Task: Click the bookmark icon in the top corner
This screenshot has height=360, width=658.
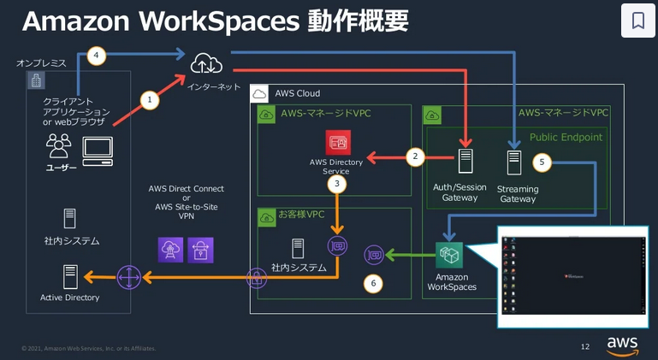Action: pyautogui.click(x=637, y=21)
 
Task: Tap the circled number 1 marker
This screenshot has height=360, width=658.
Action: pyautogui.click(x=150, y=100)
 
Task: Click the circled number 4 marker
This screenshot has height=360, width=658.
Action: pyautogui.click(x=97, y=56)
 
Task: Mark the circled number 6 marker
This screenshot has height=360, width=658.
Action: pyautogui.click(x=372, y=283)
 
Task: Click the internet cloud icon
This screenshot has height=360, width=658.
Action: pyautogui.click(x=206, y=62)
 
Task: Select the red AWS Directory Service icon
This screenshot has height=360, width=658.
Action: pyautogui.click(x=337, y=142)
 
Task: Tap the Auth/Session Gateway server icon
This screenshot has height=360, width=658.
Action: pyautogui.click(x=465, y=163)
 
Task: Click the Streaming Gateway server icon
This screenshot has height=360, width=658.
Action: pyautogui.click(x=513, y=163)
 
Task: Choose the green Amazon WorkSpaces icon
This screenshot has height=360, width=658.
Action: pyautogui.click(x=449, y=255)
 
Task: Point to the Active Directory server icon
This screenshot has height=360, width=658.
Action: pyautogui.click(x=70, y=276)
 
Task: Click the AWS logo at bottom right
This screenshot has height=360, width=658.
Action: pyautogui.click(x=622, y=345)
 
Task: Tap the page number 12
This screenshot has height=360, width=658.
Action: pyautogui.click(x=585, y=346)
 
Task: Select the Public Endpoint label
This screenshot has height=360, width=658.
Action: pyautogui.click(x=565, y=137)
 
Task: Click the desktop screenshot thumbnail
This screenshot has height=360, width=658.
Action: pyautogui.click(x=573, y=275)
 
